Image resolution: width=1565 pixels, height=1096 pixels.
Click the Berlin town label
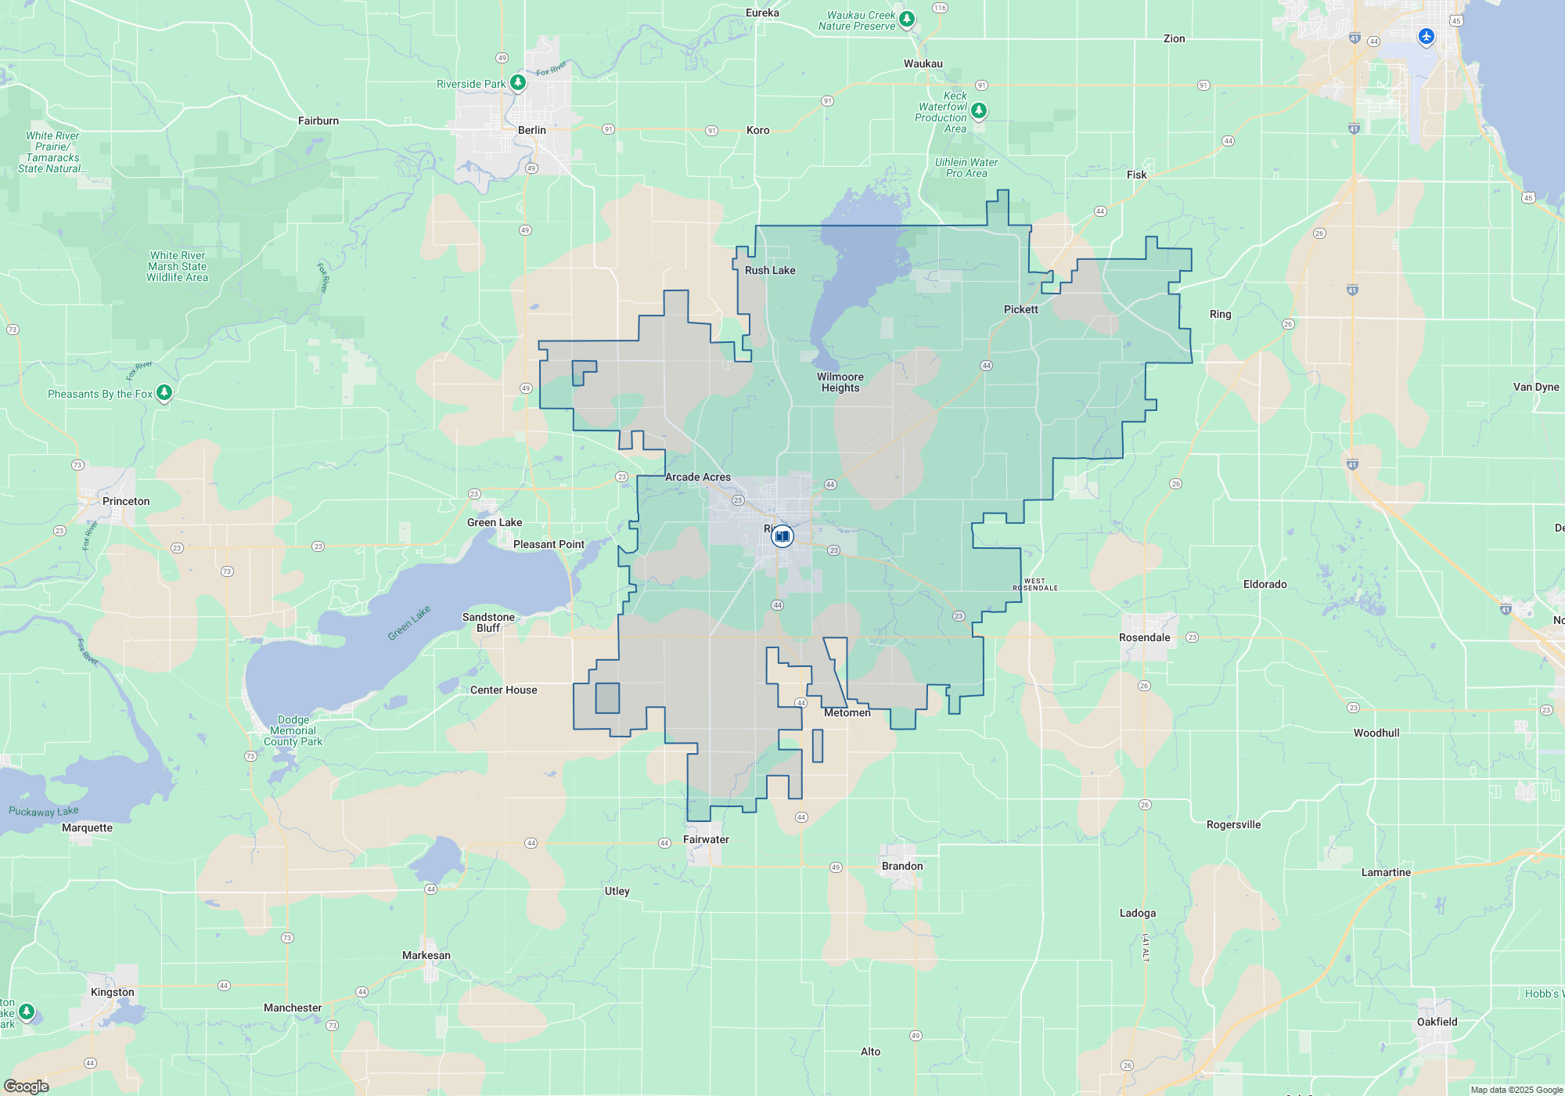(x=532, y=130)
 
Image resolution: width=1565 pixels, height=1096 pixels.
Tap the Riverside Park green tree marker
(x=517, y=82)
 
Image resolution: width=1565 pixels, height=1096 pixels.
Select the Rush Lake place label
(x=770, y=270)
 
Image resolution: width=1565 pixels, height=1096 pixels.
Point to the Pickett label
(x=1020, y=309)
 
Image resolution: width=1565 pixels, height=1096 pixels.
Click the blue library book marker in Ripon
(x=782, y=536)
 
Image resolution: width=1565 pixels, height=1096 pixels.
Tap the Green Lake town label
(x=495, y=522)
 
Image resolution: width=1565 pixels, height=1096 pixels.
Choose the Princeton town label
(x=126, y=501)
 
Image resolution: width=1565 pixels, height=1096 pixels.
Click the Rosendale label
(x=1144, y=637)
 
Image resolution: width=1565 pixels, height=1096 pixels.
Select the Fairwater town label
(x=706, y=839)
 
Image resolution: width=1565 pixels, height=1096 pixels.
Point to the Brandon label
(x=902, y=866)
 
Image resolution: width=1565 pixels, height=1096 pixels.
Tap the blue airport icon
(x=1426, y=36)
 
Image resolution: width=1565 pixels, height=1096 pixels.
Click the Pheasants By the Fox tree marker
(x=164, y=392)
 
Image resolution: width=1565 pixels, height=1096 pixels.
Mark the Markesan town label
(x=426, y=955)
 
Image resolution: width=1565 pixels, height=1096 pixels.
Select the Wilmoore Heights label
(x=840, y=382)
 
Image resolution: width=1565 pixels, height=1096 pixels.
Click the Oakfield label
(x=1437, y=1022)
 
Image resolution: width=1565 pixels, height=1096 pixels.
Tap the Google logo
(x=27, y=1086)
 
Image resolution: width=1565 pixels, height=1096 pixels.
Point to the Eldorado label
(x=1265, y=584)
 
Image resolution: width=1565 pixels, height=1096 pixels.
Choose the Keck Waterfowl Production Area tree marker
(x=978, y=110)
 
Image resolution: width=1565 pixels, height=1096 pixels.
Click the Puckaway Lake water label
(x=44, y=811)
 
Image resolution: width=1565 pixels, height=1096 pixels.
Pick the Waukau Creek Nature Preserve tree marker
(x=906, y=19)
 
